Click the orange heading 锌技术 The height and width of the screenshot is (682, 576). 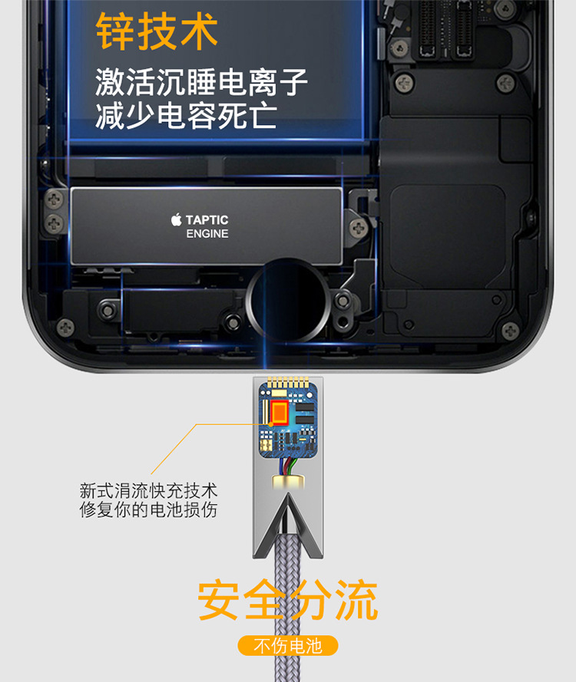click(157, 31)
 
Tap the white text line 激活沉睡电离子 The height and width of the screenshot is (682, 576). click(201, 82)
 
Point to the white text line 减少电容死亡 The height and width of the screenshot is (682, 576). click(186, 116)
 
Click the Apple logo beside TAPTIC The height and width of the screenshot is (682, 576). click(177, 219)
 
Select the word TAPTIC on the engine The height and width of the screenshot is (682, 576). click(207, 220)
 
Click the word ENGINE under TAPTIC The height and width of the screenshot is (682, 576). click(207, 233)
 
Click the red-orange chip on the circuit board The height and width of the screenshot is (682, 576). click(280, 411)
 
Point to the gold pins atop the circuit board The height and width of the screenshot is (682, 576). click(288, 382)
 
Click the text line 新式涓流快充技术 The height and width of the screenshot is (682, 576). click(148, 491)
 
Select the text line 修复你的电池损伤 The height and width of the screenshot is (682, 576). click(148, 509)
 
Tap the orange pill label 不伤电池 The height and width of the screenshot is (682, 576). click(288, 646)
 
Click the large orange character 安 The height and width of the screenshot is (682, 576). click(218, 600)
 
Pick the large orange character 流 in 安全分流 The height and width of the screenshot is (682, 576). click(356, 600)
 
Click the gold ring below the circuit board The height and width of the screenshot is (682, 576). click(288, 482)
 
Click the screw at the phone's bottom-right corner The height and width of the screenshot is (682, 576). click(510, 331)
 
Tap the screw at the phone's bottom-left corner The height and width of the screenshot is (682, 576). click(66, 327)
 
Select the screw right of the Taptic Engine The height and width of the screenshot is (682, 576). click(359, 228)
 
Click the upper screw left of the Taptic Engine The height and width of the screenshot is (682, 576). click(55, 200)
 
